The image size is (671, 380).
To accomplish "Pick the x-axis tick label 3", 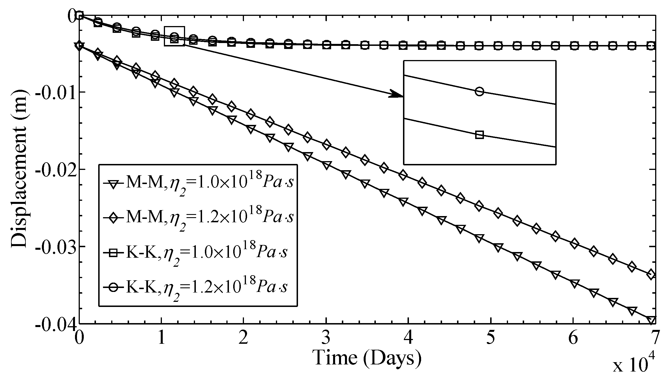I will (x=326, y=338).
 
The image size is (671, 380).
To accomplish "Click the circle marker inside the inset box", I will (x=479, y=91).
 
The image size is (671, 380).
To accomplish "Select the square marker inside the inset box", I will (x=479, y=135).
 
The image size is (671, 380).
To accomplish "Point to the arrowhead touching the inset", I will (x=396, y=94).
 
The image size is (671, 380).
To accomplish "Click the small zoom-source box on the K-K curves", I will (x=174, y=36).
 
